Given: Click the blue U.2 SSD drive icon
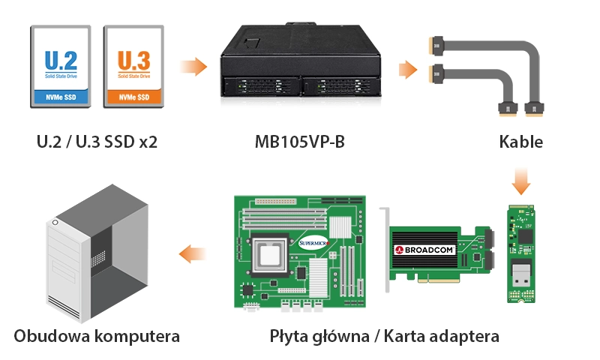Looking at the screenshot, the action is pos(61,67).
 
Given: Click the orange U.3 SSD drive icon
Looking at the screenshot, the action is pos(133,67).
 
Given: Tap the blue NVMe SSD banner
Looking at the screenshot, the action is pos(61,97).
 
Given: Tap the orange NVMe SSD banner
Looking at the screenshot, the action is pos(134,97).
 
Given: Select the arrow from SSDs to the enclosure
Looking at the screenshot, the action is pos(193,67).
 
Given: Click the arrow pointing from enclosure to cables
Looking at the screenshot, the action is pos(408,70).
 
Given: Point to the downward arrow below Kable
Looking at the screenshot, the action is pos(520,181).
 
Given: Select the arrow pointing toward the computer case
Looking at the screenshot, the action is pos(193,254).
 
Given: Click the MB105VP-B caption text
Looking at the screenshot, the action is pos(299,142).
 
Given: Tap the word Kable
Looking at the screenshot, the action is pos(520,142).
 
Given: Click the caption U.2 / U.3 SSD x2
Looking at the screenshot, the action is pos(97,142).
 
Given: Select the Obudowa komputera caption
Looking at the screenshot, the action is pos(97,336).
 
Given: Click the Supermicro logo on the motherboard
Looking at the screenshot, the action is pos(313,243).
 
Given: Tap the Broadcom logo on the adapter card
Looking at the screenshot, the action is pos(424,250).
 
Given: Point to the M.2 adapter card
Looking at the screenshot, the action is pos(520,253).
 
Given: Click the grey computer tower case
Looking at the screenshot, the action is pos(97,253).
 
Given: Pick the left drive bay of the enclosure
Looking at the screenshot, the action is pos(260,87).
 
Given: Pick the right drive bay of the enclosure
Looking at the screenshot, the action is pos(340,87).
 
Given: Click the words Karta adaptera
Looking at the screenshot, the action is pos(441,336).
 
